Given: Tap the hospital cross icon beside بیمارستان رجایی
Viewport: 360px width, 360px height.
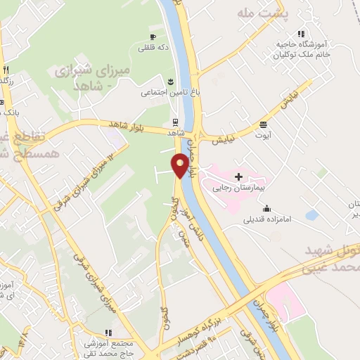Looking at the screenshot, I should [239, 176].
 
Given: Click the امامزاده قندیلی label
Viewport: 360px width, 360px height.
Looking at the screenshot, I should [267, 219].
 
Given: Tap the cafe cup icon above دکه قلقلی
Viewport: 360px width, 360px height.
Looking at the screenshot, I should [153, 37].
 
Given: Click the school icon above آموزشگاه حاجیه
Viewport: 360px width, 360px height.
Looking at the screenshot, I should [301, 33].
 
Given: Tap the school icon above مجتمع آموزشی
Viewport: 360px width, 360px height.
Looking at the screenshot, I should [108, 333].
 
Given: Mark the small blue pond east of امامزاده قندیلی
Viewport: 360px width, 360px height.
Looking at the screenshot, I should [311, 214].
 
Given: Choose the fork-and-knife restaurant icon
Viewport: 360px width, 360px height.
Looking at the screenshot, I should [6, 69].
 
